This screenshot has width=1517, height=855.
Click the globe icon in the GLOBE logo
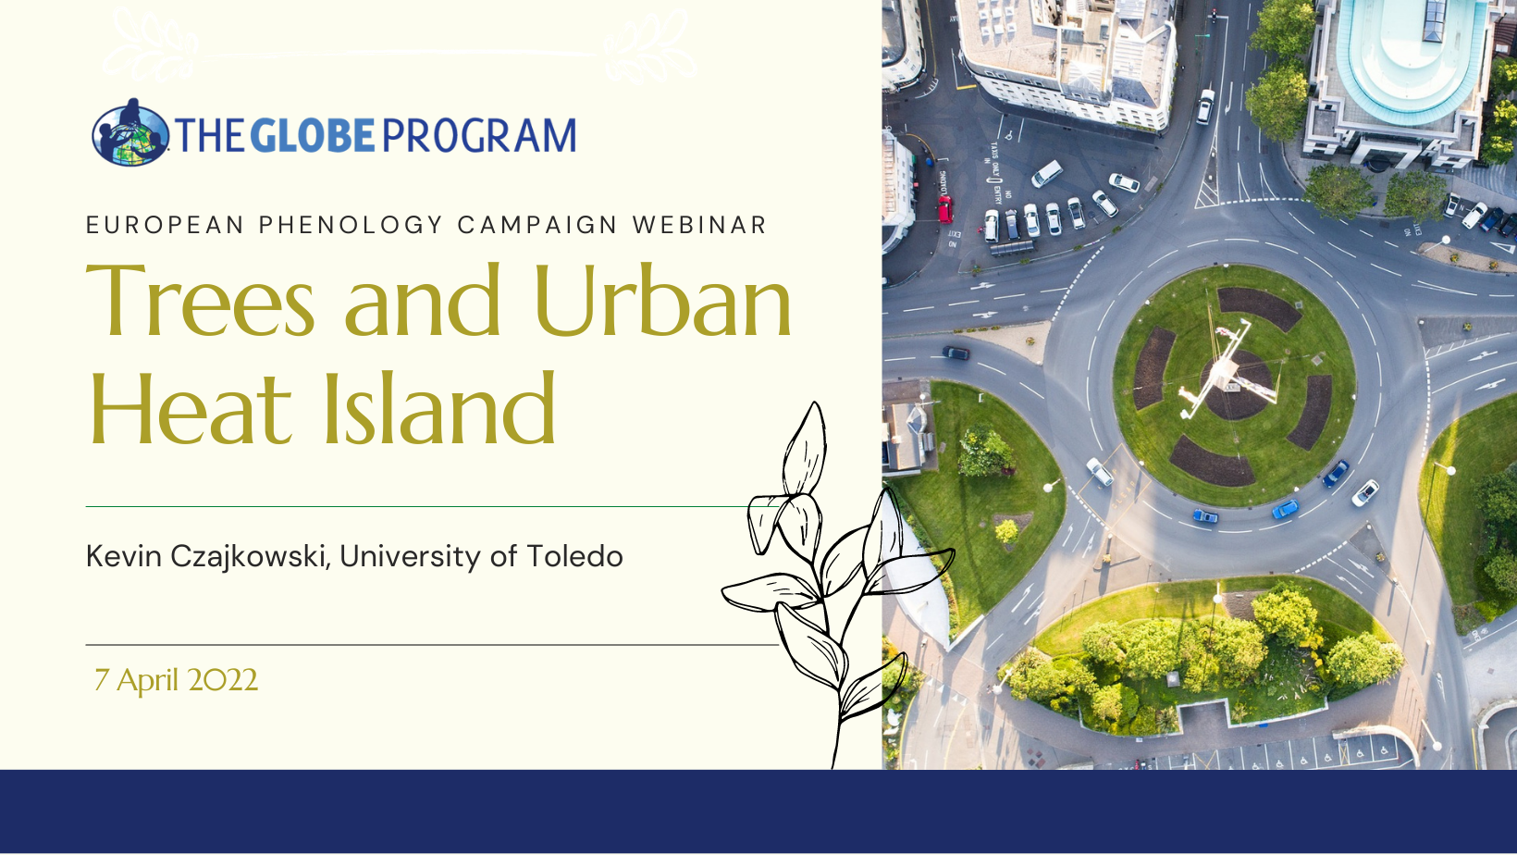pos(130,133)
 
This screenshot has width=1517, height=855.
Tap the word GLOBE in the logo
pos(313,135)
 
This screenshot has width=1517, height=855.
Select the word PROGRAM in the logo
pos(479,135)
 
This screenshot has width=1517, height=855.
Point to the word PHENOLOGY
pos(351,225)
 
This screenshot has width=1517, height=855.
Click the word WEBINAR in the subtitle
pos(699,225)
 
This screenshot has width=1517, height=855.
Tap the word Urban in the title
pos(663,299)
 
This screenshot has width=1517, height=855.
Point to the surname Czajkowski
pos(249,557)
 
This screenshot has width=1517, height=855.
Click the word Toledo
pos(574,556)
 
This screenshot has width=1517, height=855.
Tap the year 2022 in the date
pos(223,680)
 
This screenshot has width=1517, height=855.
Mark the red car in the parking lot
pos(944,209)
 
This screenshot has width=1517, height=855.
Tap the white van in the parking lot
pos(1047,173)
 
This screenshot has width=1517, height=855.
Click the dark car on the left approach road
pos(956,353)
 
